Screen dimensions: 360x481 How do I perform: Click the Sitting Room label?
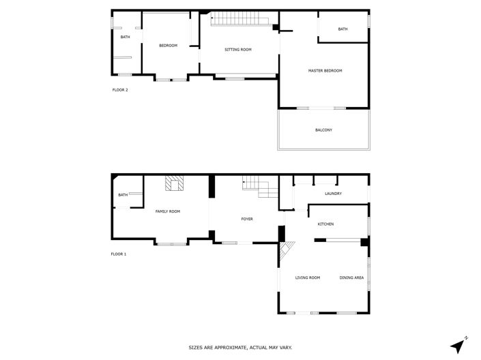point(238,50)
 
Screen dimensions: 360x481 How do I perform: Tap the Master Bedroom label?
point(325,71)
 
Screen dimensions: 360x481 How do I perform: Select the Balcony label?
point(324,130)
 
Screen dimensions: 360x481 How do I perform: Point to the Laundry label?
point(333,194)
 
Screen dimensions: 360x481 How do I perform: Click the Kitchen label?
point(325,224)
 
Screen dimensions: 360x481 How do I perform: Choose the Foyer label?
point(247,219)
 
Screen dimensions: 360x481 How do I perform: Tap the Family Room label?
point(168,212)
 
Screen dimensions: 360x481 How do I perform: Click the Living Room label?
point(308,277)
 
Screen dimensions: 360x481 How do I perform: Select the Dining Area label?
point(351,277)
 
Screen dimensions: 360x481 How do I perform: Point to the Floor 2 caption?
point(120,89)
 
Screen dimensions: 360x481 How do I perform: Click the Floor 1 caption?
point(119,254)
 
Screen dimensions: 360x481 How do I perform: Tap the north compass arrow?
point(458,344)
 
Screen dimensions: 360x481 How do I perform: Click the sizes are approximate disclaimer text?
point(240,348)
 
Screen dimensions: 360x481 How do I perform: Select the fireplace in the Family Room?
point(174,183)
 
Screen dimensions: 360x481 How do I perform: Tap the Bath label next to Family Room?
point(123,195)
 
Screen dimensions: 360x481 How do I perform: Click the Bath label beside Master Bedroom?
point(342,29)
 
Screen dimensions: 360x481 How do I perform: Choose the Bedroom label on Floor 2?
point(168,46)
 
